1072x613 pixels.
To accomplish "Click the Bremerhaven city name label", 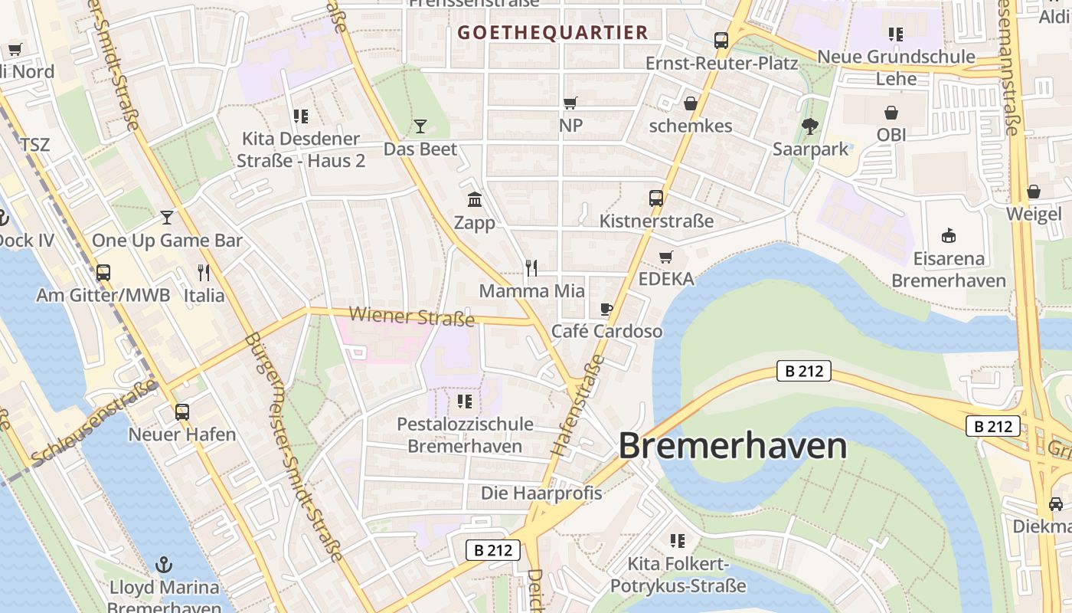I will (733, 446).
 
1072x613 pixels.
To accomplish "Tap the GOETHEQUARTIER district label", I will (553, 32).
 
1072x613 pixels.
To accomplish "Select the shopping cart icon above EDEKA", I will (666, 257).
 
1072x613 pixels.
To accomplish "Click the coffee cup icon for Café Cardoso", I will (606, 310).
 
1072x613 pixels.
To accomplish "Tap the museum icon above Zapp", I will (475, 200).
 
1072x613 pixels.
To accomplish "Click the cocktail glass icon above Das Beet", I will (420, 126).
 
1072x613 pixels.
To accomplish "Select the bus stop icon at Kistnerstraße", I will (656, 198).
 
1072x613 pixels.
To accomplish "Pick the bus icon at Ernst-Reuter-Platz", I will (721, 41).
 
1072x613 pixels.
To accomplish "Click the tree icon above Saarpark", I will (810, 126).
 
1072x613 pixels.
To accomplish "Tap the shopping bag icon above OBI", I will (891, 113).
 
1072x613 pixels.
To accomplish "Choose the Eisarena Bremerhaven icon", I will (949, 235).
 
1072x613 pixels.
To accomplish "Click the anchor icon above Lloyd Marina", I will (163, 565).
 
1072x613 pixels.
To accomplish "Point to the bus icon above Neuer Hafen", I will (182, 411).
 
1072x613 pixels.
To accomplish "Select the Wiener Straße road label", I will (411, 316).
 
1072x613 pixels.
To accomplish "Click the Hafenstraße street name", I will (577, 407).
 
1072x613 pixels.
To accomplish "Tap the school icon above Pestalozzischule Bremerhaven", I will (465, 401).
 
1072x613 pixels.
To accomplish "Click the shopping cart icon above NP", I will (570, 103).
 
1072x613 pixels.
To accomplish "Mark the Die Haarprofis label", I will (541, 493).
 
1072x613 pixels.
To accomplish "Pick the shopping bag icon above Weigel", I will (1034, 192).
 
